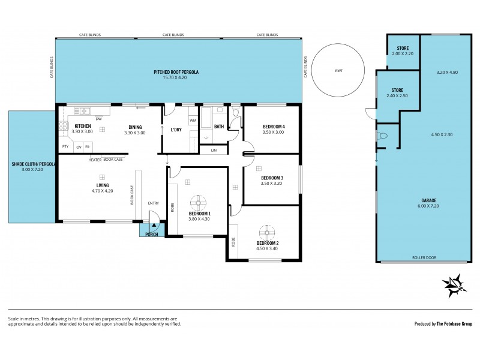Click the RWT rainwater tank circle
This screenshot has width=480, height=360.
coord(339,70)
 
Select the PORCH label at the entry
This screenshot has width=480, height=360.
coord(152,233)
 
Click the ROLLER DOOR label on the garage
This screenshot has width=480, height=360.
coord(424,257)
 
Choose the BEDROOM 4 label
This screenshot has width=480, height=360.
coord(273,126)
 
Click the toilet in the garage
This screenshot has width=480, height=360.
coord(382,137)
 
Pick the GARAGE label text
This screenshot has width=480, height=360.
coord(428,200)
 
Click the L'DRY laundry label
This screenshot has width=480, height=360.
coord(176,130)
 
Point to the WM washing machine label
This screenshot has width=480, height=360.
coord(193,120)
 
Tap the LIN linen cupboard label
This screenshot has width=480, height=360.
coord(213,150)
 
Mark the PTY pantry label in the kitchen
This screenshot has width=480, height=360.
coord(64,146)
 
